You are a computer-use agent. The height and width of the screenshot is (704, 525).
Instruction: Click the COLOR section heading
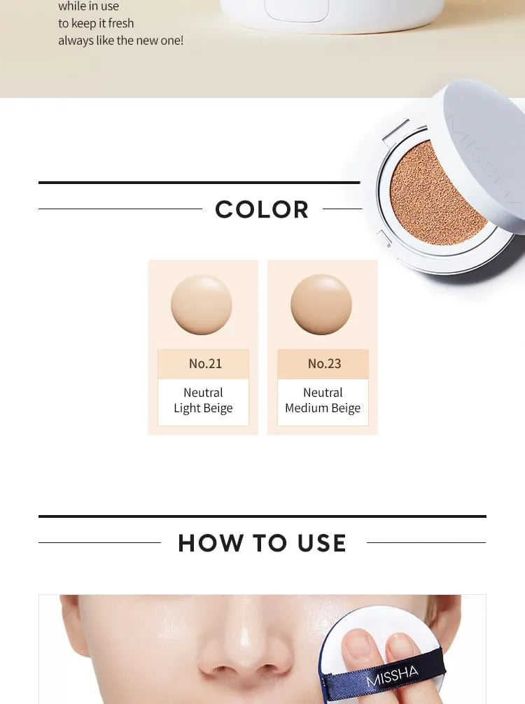coord(262,209)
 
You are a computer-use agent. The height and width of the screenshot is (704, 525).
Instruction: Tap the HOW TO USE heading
coord(262,543)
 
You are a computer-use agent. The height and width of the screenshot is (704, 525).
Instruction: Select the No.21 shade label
coord(205,363)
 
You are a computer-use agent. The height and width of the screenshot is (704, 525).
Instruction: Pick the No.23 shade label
coord(324,363)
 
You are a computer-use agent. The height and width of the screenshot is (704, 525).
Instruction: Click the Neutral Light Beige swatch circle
coord(201,304)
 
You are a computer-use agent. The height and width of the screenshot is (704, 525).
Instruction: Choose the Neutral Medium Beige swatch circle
coord(321,304)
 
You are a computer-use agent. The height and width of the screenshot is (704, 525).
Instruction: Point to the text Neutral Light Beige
coord(203,400)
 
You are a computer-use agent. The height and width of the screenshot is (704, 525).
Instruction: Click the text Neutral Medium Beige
coord(323,400)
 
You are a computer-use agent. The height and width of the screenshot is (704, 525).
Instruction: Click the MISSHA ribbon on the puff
coord(391,676)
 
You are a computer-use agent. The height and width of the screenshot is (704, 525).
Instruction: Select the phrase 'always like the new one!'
coord(121,41)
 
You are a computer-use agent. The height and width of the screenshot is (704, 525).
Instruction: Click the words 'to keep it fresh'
coord(96,23)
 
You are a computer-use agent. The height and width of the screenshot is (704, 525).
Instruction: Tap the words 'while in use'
coord(88,6)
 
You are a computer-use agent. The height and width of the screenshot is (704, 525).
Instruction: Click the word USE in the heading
coord(322,543)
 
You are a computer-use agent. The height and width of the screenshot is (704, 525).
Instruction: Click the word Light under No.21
coord(184,408)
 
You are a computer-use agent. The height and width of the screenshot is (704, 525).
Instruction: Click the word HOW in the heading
coord(210,543)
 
